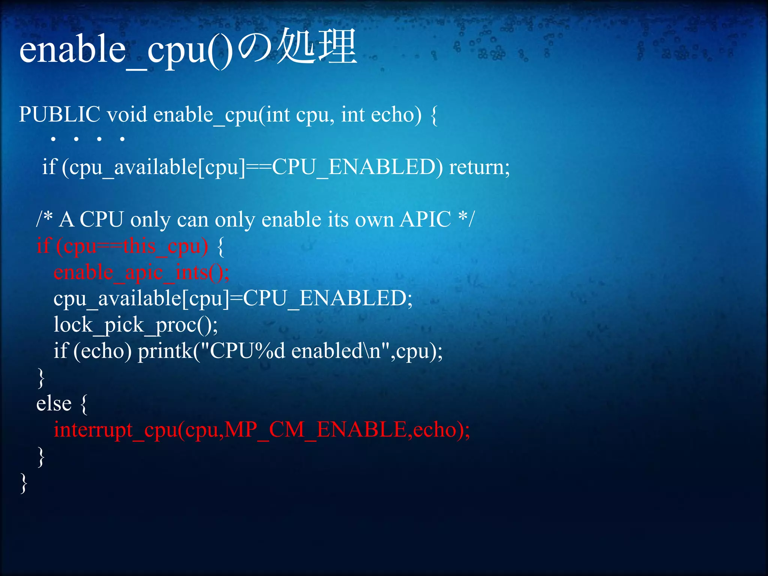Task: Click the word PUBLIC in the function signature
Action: point(60,114)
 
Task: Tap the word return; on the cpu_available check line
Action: point(479,167)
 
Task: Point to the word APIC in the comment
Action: point(425,219)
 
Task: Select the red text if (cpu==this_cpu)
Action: point(122,246)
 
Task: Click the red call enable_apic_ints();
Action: point(141,273)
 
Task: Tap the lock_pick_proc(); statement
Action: point(135,325)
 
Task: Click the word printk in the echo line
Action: point(165,351)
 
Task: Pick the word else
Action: point(54,404)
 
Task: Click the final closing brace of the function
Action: point(24,483)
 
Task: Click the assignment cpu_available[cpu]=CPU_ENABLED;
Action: point(233,299)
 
